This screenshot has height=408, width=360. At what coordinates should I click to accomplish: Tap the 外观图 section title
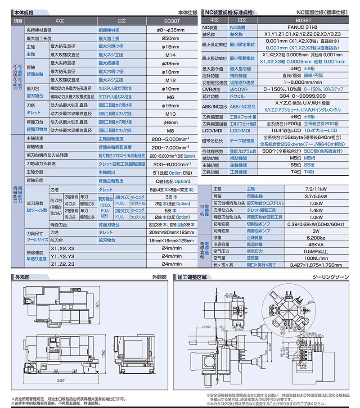tap(22, 277)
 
